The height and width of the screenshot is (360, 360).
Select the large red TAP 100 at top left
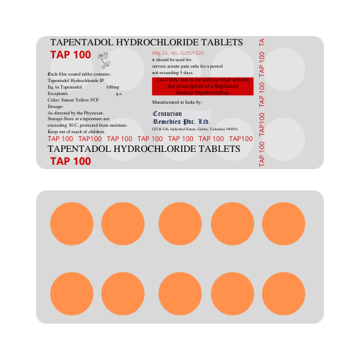pos(71,55)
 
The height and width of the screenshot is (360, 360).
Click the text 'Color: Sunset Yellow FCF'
pos(73,100)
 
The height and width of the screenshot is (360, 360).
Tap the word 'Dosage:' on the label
pos(55,107)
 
